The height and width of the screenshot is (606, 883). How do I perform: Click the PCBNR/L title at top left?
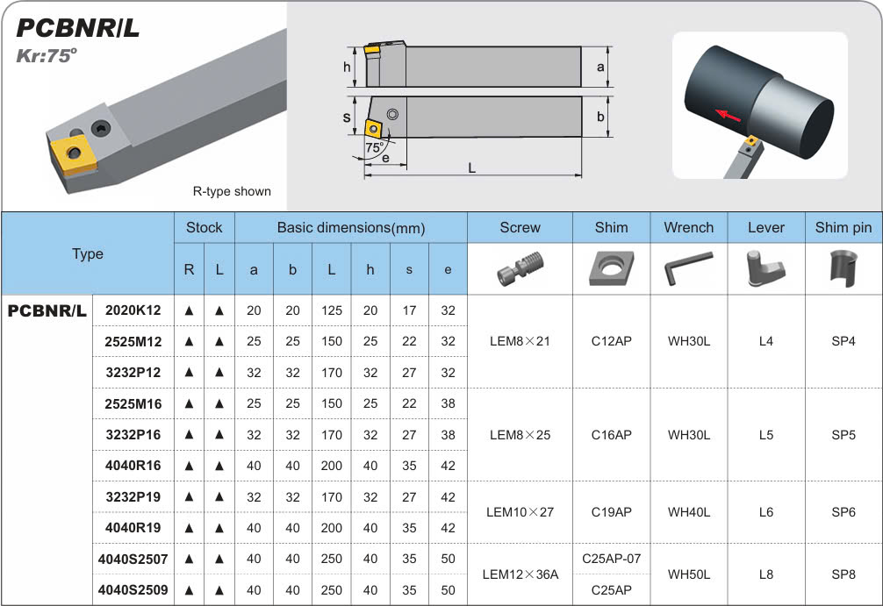click(x=78, y=27)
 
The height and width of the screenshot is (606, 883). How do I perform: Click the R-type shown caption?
click(x=232, y=191)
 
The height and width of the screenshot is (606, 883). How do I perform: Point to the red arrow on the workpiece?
click(x=727, y=114)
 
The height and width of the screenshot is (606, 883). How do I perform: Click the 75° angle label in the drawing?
click(x=375, y=149)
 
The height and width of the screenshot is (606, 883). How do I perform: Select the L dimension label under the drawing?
click(x=472, y=168)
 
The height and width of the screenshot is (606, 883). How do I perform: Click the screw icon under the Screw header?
click(x=519, y=267)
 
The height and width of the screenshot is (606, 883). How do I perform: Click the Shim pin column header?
click(x=843, y=227)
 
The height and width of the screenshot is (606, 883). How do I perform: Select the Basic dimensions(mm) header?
click(x=350, y=228)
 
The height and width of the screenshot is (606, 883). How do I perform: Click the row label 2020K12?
click(x=133, y=310)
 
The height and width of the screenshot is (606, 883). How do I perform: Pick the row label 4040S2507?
click(x=133, y=559)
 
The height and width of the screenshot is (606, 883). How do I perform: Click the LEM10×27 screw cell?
click(x=520, y=512)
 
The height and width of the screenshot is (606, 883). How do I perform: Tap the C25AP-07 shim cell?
click(x=611, y=559)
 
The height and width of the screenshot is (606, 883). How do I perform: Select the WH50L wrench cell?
click(x=689, y=574)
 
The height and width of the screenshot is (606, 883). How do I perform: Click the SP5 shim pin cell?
click(x=843, y=435)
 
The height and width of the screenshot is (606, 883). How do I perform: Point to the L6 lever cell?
click(x=765, y=512)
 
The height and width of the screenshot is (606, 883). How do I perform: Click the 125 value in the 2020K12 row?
click(x=331, y=310)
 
